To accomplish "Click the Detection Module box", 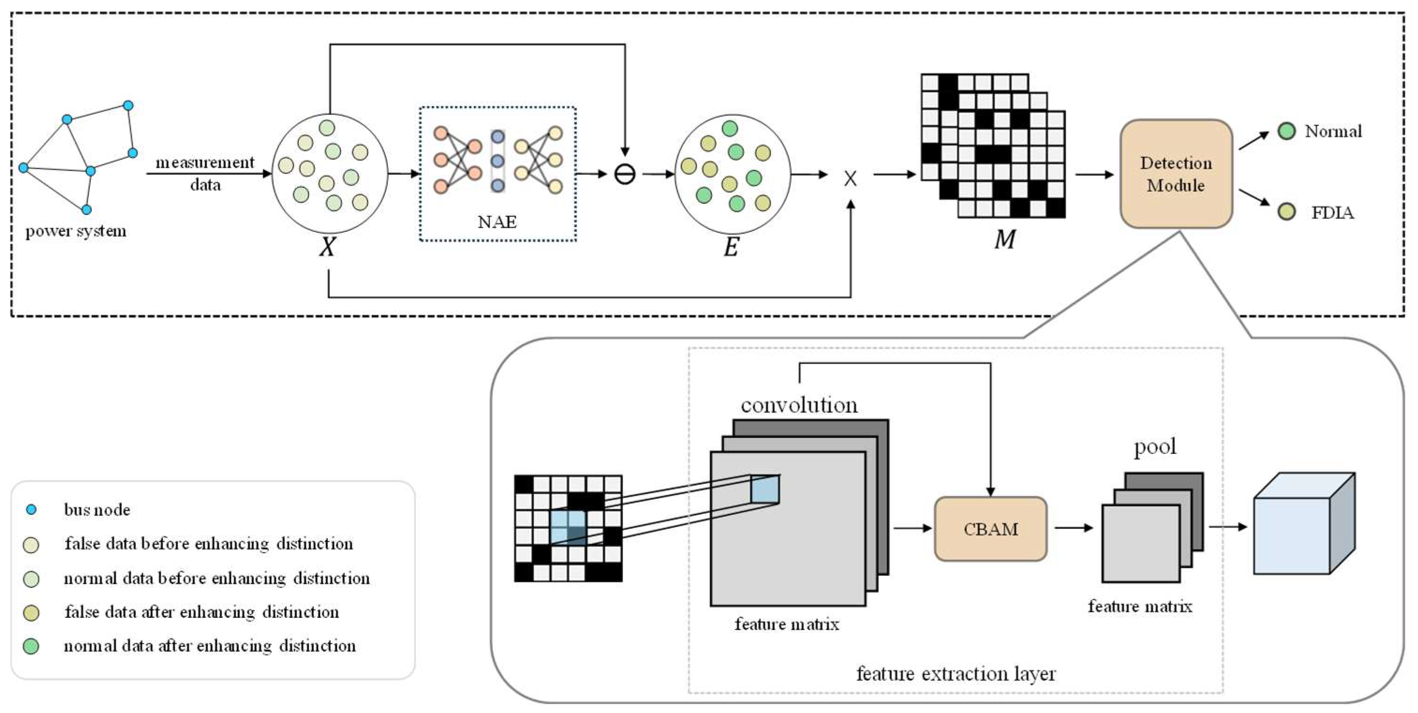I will (x=1176, y=174).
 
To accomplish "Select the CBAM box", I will (x=990, y=529).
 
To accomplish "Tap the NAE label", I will (x=497, y=222).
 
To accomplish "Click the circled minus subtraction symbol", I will (x=625, y=175).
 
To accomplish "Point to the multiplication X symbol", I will (x=850, y=178).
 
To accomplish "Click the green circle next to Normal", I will (x=1286, y=131).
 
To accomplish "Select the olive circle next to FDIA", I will (x=1286, y=212).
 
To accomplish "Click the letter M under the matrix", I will (x=1005, y=239).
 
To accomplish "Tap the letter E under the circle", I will (x=731, y=247).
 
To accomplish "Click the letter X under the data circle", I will (x=327, y=247).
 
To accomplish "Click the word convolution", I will (x=799, y=405).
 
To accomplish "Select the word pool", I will (x=1155, y=446).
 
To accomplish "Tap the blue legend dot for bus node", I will (x=31, y=510).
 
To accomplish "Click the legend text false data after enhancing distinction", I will (x=201, y=612).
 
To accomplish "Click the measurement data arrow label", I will (x=205, y=173).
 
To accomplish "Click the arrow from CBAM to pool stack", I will (x=1073, y=528).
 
